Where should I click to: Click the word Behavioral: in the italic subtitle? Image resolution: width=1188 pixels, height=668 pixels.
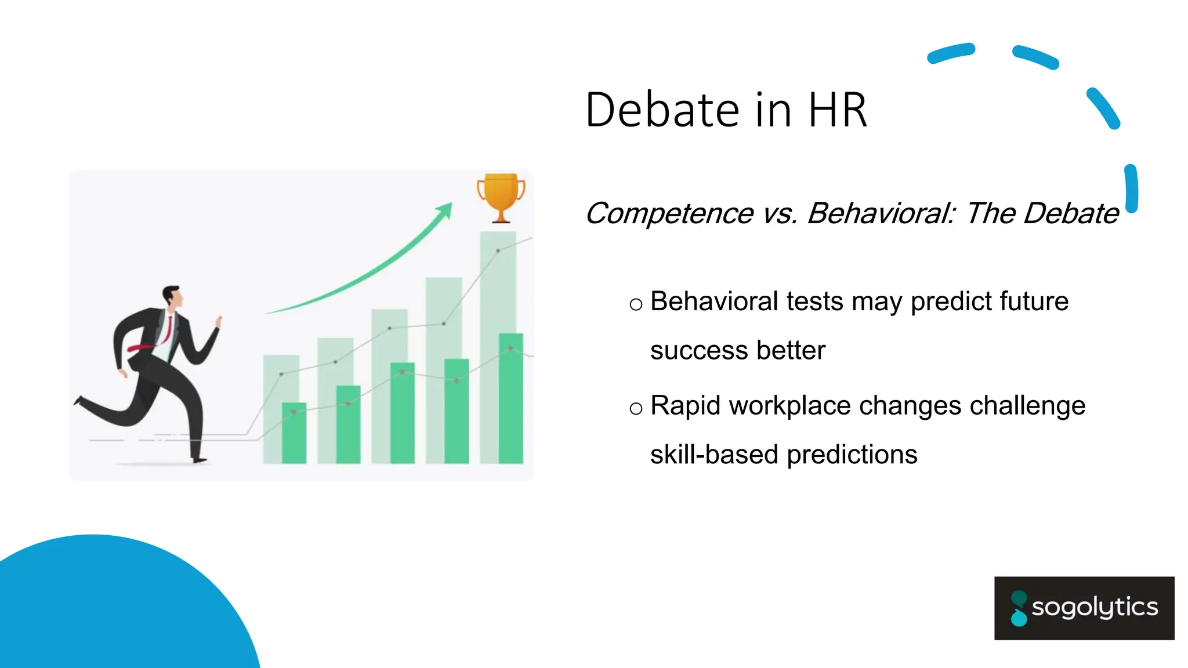click(x=881, y=213)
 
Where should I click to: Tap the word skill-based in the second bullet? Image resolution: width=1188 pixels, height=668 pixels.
click(x=714, y=455)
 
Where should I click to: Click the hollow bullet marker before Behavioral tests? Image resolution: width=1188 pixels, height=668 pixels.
click(x=636, y=304)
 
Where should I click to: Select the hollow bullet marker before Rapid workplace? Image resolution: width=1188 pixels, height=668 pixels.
click(x=636, y=409)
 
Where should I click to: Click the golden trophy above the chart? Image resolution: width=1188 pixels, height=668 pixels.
click(x=501, y=196)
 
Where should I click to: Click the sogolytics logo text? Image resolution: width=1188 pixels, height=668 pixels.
click(x=1095, y=608)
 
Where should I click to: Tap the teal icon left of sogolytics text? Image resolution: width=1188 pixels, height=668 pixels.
click(x=1019, y=608)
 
